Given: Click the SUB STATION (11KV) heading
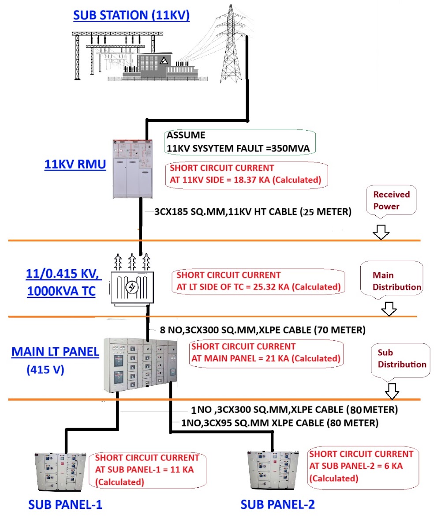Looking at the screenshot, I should tap(131, 16).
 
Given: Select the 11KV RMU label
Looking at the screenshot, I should tap(75, 165).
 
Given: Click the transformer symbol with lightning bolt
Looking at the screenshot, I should tap(131, 286).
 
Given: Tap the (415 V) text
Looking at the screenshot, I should tap(45, 369).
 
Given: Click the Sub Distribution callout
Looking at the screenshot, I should tap(401, 358).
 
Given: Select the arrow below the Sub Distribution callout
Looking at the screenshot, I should tap(392, 391).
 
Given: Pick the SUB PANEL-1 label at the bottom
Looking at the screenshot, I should tap(65, 504).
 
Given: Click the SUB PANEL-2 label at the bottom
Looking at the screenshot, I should tap(277, 504).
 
